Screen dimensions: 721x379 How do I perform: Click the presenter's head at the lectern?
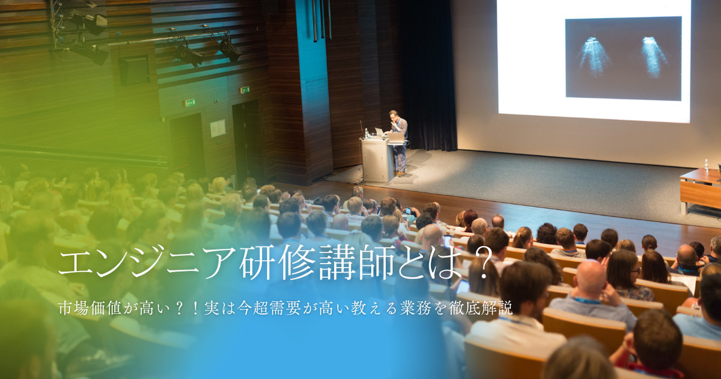point(394,116)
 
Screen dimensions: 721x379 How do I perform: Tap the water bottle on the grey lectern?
point(367,133)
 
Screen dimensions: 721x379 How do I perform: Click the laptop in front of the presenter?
point(396,137)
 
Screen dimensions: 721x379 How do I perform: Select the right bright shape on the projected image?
point(654,57)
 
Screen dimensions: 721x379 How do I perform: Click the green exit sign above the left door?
point(190,103)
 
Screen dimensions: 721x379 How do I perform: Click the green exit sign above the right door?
point(245,90)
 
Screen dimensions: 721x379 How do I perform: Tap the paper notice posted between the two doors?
point(218,128)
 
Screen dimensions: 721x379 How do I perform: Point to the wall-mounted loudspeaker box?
point(134,70)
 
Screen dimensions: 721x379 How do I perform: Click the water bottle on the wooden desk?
point(707,165)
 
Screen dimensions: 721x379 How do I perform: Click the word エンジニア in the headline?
point(148,262)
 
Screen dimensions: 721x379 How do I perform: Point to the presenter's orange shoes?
point(400,174)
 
